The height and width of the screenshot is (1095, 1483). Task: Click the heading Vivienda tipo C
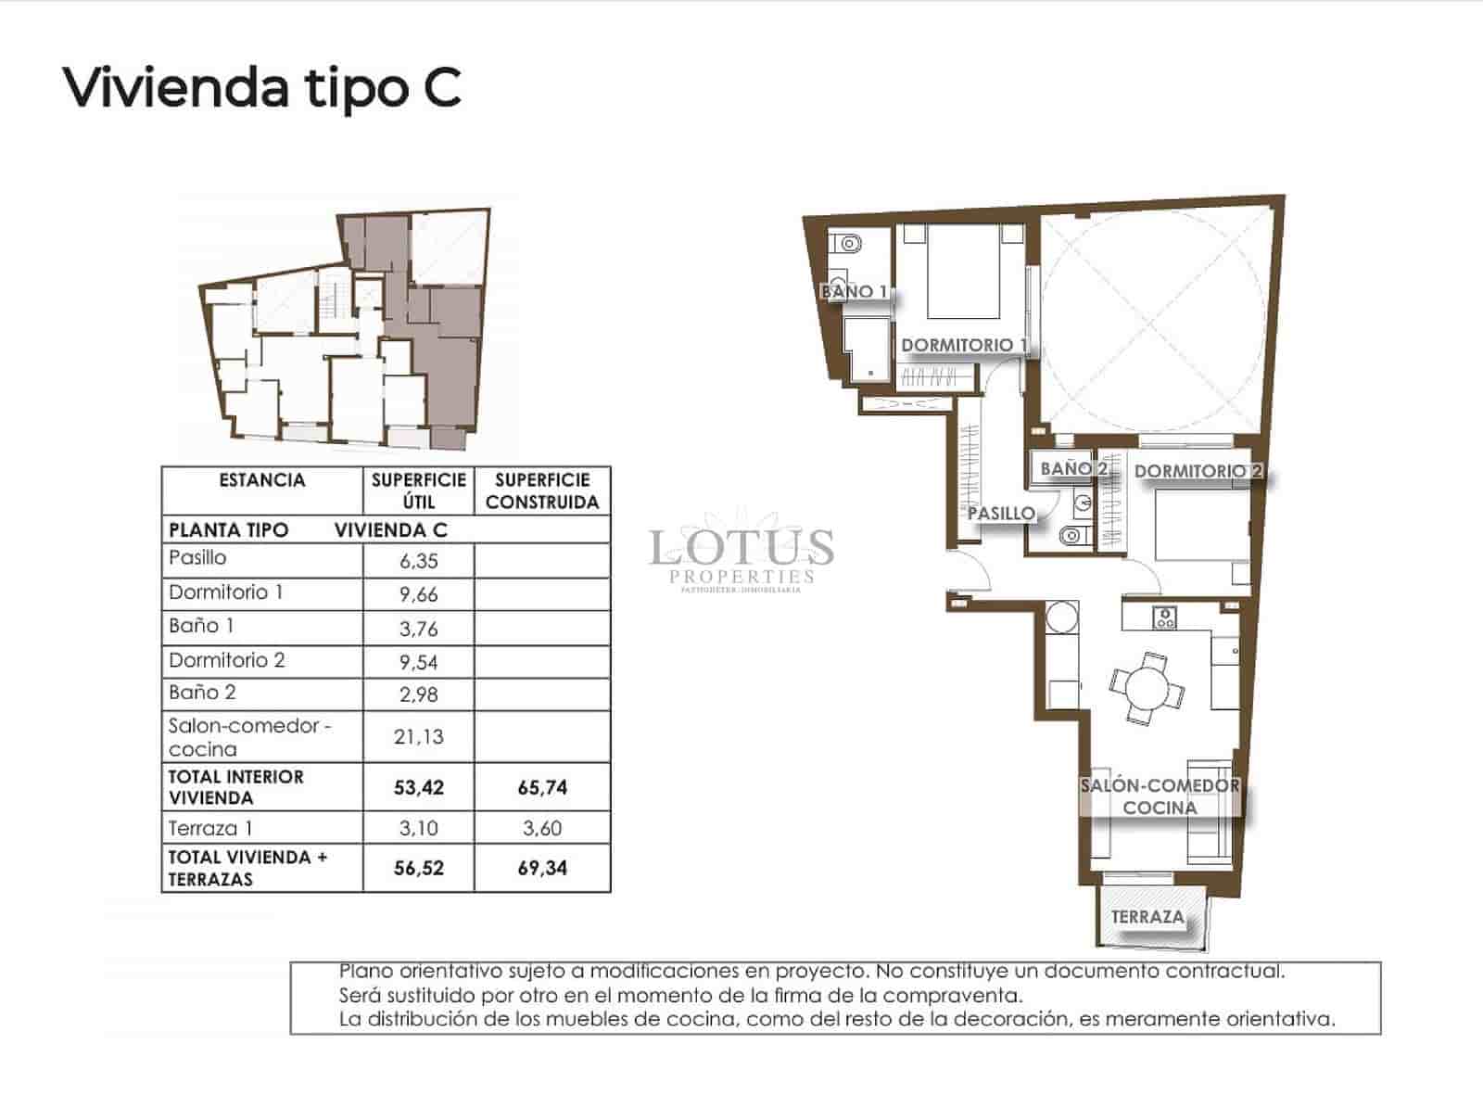point(261,88)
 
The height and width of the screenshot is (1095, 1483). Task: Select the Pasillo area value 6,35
point(417,561)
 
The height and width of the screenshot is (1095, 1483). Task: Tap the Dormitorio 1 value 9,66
point(417,594)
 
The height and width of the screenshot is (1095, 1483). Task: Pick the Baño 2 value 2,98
point(417,694)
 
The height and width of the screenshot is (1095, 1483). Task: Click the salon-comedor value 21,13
point(418,737)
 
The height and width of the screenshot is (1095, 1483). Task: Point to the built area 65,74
point(542,788)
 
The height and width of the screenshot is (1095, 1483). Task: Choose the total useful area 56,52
point(418,869)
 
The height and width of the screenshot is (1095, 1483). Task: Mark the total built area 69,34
point(542,869)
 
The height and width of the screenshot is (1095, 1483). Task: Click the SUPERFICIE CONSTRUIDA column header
point(542,491)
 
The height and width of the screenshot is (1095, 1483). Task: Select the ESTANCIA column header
point(261,480)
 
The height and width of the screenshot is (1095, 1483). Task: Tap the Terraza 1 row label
point(210,828)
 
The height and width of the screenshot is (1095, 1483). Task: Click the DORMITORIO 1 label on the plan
point(964,345)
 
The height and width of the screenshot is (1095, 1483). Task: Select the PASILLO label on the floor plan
point(1001,513)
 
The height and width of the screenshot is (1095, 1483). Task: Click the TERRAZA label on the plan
point(1147,917)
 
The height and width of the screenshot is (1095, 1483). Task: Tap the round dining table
point(1147,688)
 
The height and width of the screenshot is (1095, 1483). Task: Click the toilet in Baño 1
point(847,244)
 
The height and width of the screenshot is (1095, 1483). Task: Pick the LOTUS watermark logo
point(741,549)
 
